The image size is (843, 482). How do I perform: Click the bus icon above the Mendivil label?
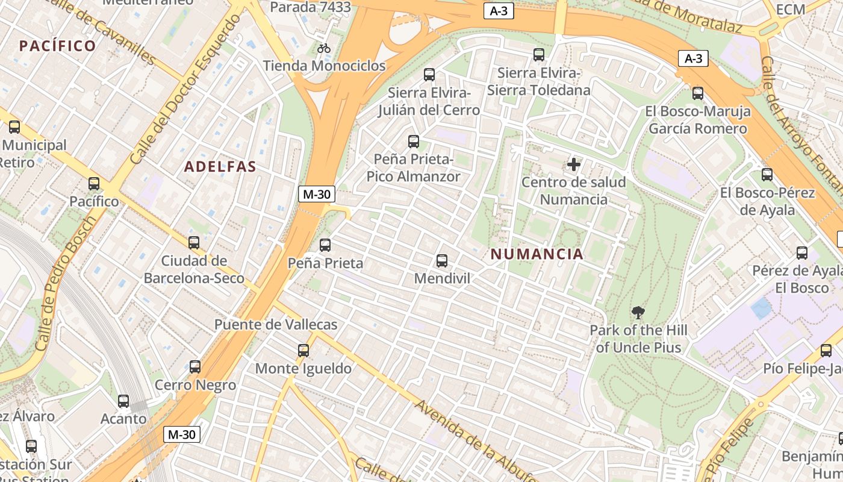pyautogui.click(x=441, y=261)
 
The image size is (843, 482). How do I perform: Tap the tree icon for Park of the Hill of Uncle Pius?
pyautogui.click(x=638, y=313)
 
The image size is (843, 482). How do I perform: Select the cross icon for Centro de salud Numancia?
pyautogui.click(x=574, y=164)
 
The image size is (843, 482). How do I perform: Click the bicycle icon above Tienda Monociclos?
pyautogui.click(x=324, y=48)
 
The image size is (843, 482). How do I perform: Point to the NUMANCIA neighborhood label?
pyautogui.click(x=537, y=254)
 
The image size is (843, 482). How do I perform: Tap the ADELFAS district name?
pyautogui.click(x=220, y=167)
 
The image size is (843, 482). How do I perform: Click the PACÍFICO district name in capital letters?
pyautogui.click(x=58, y=46)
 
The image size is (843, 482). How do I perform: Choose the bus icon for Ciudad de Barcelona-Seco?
pyautogui.click(x=194, y=243)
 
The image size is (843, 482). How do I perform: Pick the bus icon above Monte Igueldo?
pyautogui.click(x=303, y=350)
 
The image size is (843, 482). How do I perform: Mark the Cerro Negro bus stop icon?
pyautogui.click(x=195, y=366)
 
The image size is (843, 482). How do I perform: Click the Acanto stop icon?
pyautogui.click(x=123, y=401)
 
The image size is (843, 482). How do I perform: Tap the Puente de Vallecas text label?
pyautogui.click(x=276, y=324)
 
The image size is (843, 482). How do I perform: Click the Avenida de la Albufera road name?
pyautogui.click(x=476, y=442)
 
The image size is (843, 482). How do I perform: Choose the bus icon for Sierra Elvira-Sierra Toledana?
pyautogui.click(x=539, y=55)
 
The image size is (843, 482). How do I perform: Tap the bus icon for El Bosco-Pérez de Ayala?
pyautogui.click(x=767, y=175)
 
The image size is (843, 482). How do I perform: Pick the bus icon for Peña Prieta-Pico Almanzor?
pyautogui.click(x=414, y=142)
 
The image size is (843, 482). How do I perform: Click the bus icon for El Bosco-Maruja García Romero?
pyautogui.click(x=698, y=93)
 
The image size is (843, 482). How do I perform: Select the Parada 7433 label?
pyautogui.click(x=310, y=7)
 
